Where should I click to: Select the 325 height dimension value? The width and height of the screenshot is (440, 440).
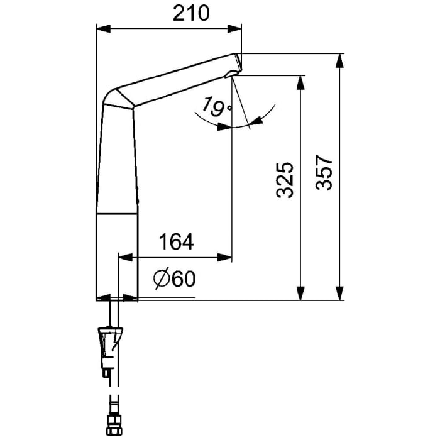pos(285,180)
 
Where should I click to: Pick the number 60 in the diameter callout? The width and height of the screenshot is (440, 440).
pos(182,280)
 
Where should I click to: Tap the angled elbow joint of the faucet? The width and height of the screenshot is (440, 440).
pos(119,99)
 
